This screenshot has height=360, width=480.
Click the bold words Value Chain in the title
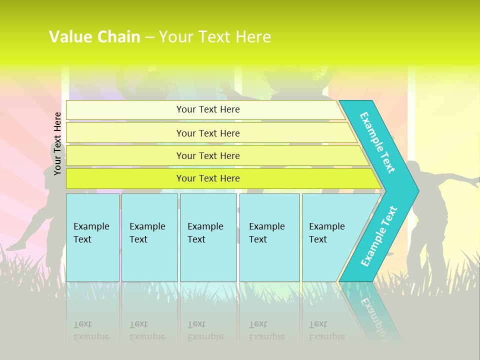click(94, 37)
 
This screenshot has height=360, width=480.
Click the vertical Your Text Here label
click(58, 143)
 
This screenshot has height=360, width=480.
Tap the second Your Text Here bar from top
click(208, 133)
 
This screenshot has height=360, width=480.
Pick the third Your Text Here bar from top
click(208, 155)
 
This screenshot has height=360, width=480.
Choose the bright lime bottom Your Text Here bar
click(208, 178)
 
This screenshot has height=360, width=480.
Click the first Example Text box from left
click(92, 237)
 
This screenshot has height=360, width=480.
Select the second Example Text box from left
click(149, 237)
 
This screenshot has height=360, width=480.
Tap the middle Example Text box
click(208, 237)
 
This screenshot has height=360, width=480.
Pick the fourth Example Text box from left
click(269, 237)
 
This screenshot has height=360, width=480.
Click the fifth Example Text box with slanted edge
click(330, 237)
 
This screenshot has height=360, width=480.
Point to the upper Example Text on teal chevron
click(377, 142)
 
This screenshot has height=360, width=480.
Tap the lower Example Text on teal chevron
click(378, 236)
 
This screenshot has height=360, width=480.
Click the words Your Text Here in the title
click(215, 37)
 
